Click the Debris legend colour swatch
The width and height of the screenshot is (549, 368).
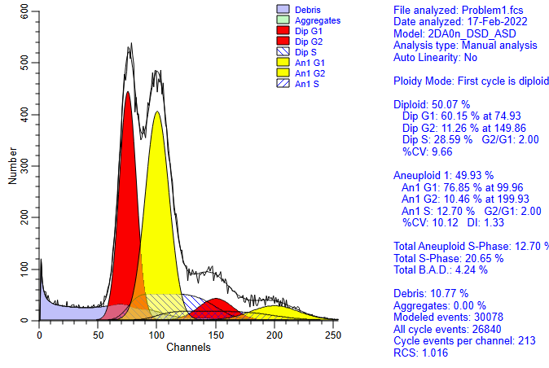tap(283, 10)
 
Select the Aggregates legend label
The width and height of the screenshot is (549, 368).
tap(318, 20)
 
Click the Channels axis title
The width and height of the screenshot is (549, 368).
tap(188, 347)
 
